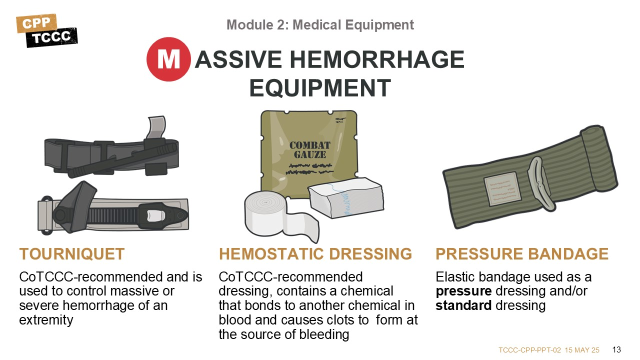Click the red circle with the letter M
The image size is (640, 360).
tap(168, 59)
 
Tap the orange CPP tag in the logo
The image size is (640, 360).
tap(36, 23)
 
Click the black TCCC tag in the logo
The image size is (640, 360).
tap(51, 37)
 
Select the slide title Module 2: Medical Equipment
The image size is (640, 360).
tap(320, 25)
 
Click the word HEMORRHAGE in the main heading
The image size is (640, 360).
tap(377, 59)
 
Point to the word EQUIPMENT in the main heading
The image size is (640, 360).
tap(320, 88)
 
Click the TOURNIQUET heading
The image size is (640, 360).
tap(71, 253)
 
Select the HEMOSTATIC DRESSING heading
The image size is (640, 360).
tap(315, 253)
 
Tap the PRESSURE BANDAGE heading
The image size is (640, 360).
tap(522, 253)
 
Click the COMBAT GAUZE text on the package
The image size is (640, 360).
tap(310, 150)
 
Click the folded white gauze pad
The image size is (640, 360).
tap(345, 197)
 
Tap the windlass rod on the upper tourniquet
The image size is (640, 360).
tap(123, 160)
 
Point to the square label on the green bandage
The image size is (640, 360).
tap(502, 189)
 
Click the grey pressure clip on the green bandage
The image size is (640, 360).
tap(540, 184)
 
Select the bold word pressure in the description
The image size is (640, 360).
tap(463, 291)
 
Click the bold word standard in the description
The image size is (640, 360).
tap(463, 305)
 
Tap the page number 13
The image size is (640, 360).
tap(616, 349)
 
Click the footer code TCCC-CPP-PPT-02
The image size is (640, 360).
tap(529, 350)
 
